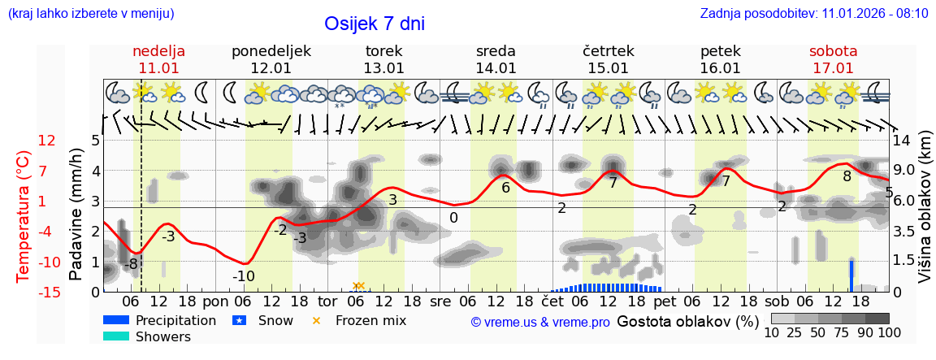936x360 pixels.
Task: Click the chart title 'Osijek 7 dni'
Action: pyautogui.click(x=374, y=24)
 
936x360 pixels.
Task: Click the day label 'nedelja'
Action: pyautogui.click(x=158, y=50)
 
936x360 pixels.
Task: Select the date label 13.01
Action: pyautogui.click(x=383, y=68)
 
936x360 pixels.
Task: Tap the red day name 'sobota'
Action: pyautogui.click(x=833, y=50)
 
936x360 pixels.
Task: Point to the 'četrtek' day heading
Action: pyautogui.click(x=609, y=50)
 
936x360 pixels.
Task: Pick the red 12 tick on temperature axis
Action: pyautogui.click(x=47, y=141)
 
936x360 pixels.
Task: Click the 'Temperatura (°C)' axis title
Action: pyautogui.click(x=24, y=215)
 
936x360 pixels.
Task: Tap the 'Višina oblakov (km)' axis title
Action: pyautogui.click(x=924, y=215)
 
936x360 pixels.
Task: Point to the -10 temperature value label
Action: pyautogui.click(x=243, y=276)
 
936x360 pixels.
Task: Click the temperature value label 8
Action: pyautogui.click(x=847, y=176)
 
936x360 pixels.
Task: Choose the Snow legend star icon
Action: pyautogui.click(x=239, y=320)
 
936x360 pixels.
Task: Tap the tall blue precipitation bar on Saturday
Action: pyautogui.click(x=851, y=275)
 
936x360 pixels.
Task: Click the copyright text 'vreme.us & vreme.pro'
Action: pyautogui.click(x=540, y=322)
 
